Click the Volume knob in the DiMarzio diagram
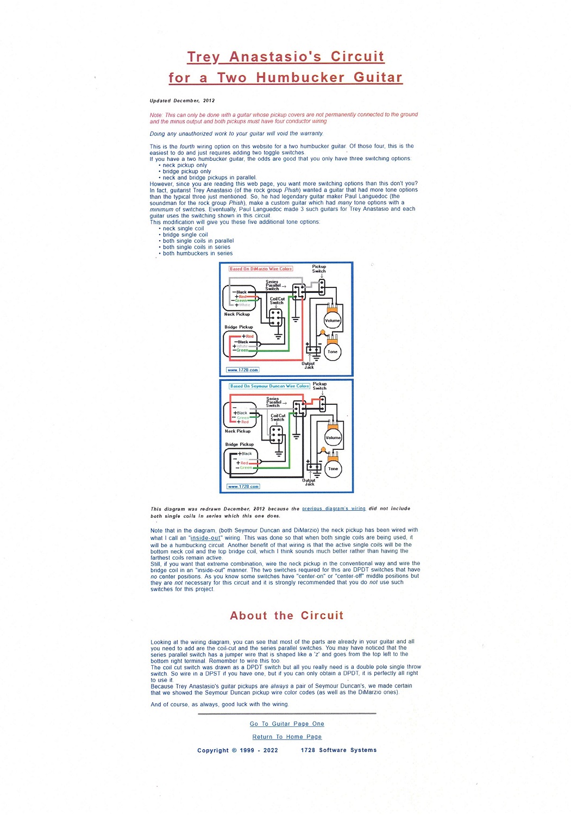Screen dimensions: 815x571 (332, 320)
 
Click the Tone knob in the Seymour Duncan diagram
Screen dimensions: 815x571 (333, 468)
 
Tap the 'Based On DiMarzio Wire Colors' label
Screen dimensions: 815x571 (261, 268)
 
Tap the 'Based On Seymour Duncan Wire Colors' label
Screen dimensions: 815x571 (269, 386)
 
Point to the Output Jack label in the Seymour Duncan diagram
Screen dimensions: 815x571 (309, 482)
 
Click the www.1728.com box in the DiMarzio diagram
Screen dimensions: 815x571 (243, 370)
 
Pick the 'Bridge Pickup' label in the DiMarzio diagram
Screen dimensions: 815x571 (239, 327)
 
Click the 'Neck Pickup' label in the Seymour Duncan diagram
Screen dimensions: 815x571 (237, 431)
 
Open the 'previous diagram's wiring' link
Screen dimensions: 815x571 (334, 509)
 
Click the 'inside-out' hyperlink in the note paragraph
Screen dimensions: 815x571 (205, 537)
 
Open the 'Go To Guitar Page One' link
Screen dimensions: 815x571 (287, 724)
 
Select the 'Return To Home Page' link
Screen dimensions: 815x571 (287, 737)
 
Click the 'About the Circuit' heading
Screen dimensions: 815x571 (286, 616)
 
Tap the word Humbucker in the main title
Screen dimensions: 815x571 (300, 78)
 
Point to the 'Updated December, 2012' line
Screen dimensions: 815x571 (182, 101)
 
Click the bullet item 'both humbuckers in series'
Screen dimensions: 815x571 (197, 253)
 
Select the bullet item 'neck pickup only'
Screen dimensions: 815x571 (185, 165)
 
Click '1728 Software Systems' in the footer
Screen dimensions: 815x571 (338, 750)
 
